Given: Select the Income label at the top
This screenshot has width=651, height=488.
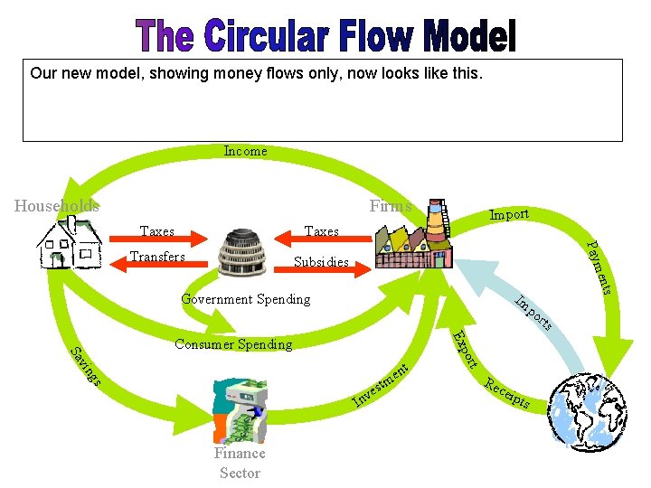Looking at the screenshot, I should pyautogui.click(x=245, y=151).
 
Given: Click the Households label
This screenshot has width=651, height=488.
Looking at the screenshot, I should pyautogui.click(x=57, y=206).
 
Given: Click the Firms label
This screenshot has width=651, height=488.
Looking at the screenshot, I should pyautogui.click(x=391, y=206).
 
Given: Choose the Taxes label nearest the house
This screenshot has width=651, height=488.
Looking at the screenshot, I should pyautogui.click(x=157, y=231).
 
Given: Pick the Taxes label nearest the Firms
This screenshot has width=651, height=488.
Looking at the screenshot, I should pyautogui.click(x=322, y=231).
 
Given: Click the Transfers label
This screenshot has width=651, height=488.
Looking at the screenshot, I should pyautogui.click(x=157, y=257).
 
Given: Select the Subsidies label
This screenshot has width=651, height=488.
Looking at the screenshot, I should pyautogui.click(x=322, y=263).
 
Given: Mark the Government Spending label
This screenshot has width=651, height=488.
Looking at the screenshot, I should pyautogui.click(x=245, y=299).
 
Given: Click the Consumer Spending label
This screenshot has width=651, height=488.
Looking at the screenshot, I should pyautogui.click(x=233, y=344).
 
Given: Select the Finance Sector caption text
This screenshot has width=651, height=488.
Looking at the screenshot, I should pyautogui.click(x=240, y=463).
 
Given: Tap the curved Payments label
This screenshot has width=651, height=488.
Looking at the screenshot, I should pyautogui.click(x=600, y=267).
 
